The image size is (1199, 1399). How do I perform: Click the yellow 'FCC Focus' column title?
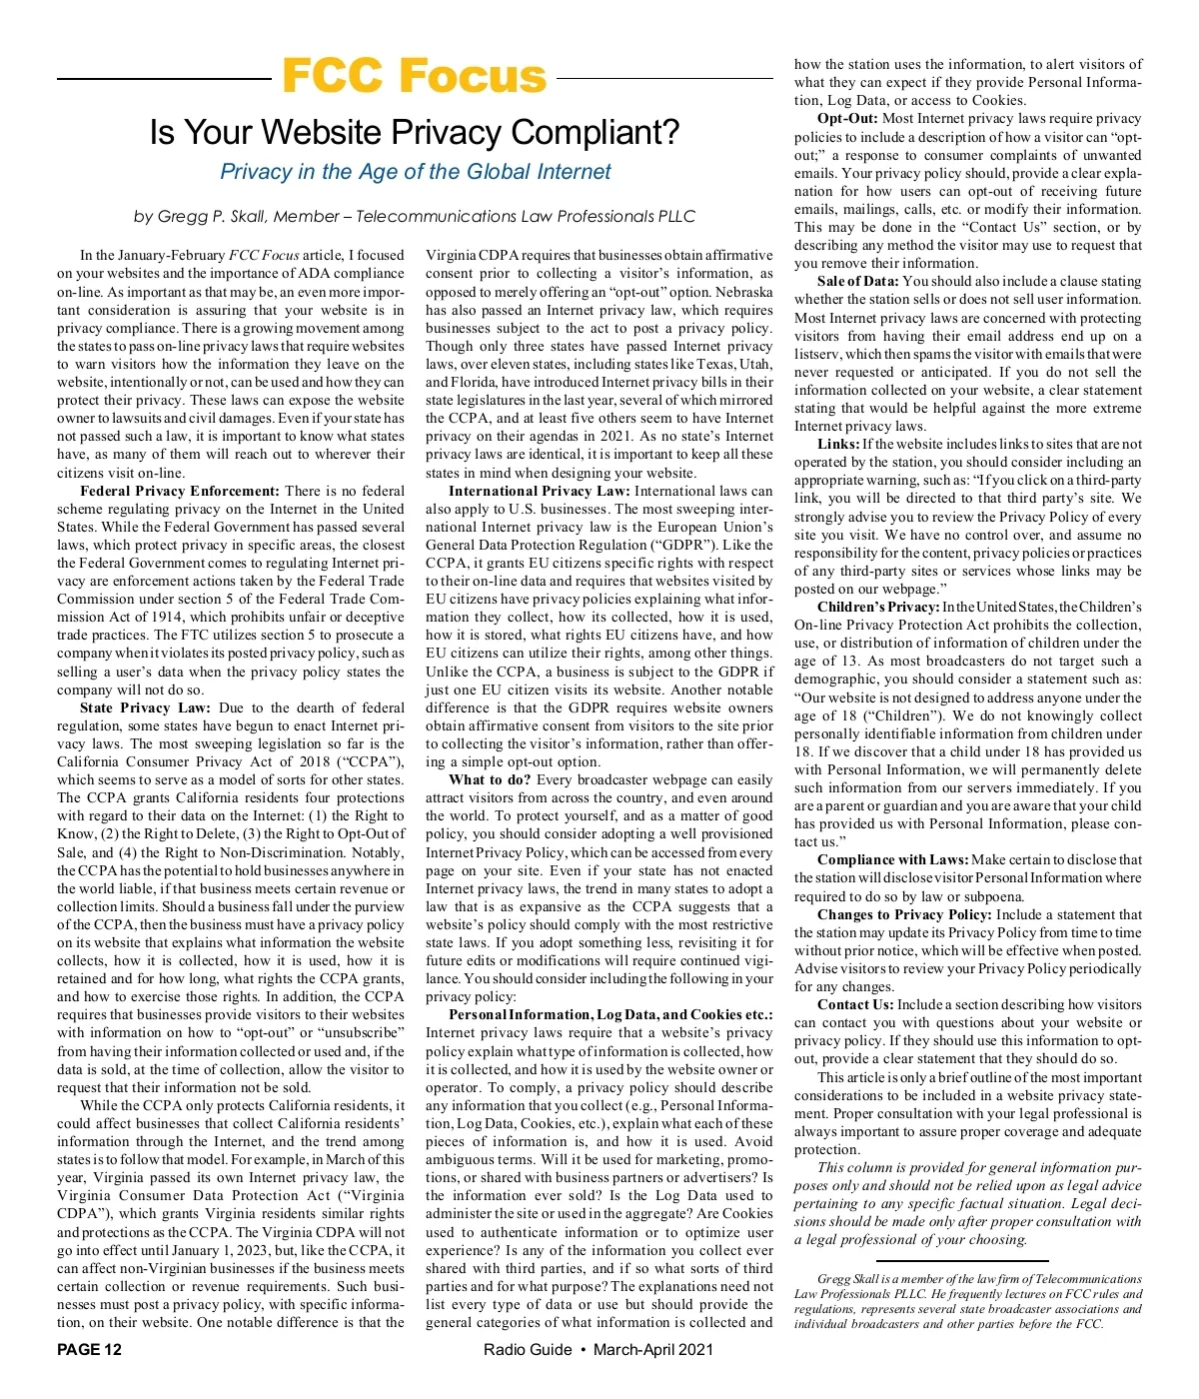click(x=414, y=76)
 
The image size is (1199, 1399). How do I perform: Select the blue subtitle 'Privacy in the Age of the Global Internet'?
click(x=415, y=172)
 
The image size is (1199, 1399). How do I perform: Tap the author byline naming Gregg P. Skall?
click(x=415, y=216)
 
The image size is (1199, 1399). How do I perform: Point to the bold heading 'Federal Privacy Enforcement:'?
click(x=180, y=491)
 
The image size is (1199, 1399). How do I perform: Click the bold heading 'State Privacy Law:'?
click(x=145, y=707)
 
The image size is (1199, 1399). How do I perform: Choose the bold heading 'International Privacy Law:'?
click(x=539, y=491)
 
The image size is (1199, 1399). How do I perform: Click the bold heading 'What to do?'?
click(x=490, y=779)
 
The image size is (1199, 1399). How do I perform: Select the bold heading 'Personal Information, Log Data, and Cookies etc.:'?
click(x=610, y=1014)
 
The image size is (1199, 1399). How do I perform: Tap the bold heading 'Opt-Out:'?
click(x=847, y=118)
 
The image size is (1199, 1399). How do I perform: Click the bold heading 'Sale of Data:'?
click(x=857, y=281)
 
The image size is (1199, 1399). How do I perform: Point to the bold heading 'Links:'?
click(x=838, y=444)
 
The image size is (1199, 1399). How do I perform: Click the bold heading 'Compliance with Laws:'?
click(x=892, y=859)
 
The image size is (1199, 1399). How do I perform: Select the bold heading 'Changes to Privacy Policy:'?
click(x=904, y=914)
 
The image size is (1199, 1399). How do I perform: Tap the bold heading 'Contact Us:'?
click(x=854, y=1004)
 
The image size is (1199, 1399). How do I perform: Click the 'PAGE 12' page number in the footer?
click(x=90, y=1349)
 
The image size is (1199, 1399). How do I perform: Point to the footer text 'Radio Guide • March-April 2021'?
click(x=599, y=1349)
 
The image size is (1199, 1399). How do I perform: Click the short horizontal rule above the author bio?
click(x=968, y=1261)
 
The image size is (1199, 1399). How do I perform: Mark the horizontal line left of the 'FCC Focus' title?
click(x=164, y=78)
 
